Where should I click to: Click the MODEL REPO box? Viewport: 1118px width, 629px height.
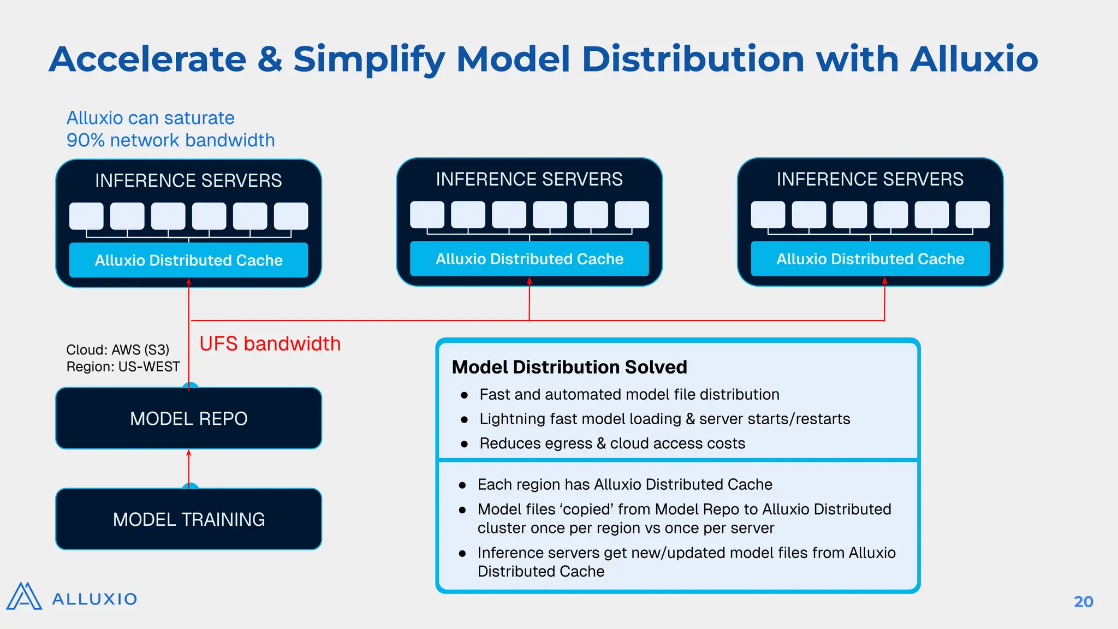point(188,419)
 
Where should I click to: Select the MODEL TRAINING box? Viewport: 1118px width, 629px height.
point(188,519)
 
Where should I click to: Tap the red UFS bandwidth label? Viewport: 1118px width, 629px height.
point(270,344)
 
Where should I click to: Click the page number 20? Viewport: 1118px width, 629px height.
point(1083,602)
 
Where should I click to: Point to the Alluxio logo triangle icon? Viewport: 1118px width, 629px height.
point(24,596)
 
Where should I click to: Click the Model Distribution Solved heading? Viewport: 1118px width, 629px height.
point(569,367)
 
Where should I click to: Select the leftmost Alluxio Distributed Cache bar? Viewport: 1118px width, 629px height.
point(188,260)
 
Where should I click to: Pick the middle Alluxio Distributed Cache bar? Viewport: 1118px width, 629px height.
point(529,259)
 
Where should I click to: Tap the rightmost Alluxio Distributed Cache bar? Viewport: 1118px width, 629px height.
point(870,259)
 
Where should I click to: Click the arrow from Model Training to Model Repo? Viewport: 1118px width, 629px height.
point(189,467)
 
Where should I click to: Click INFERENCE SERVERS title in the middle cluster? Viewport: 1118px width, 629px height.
point(529,179)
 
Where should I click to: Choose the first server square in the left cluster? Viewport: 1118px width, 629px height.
point(86,216)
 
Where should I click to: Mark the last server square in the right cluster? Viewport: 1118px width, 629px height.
point(972,215)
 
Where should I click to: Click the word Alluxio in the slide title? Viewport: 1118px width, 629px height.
point(974,59)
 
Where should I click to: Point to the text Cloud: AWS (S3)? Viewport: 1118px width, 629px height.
point(117,349)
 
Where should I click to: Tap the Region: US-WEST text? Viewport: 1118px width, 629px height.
point(123,367)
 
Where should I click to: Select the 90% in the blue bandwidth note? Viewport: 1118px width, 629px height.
point(85,140)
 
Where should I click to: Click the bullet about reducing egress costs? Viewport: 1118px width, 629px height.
point(611,443)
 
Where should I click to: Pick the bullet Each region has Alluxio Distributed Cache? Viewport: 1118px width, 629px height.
point(625,484)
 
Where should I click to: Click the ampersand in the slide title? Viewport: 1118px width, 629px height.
point(270,59)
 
